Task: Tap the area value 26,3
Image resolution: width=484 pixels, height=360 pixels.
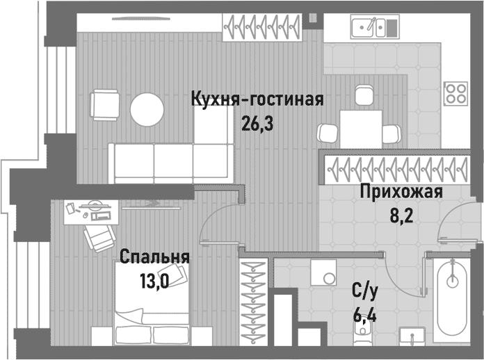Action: pos(258,123)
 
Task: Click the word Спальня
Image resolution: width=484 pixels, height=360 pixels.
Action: pos(154,258)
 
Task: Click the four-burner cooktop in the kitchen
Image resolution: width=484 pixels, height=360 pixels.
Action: pos(455,92)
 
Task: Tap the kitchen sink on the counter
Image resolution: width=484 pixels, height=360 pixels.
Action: pos(369,28)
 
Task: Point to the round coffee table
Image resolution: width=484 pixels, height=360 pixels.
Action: pos(147,110)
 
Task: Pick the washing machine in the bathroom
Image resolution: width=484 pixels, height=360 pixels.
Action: pos(323,273)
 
